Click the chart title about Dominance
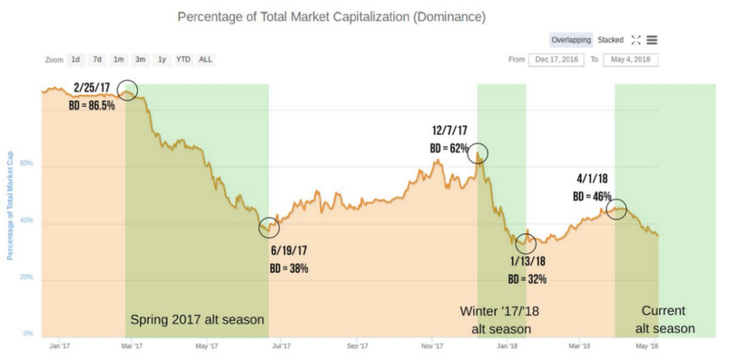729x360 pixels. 331,16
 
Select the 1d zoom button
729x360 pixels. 75,60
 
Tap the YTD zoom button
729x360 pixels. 183,60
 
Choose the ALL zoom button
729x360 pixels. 205,60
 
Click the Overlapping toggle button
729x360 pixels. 571,40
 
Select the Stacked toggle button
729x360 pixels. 610,40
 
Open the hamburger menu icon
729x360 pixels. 652,41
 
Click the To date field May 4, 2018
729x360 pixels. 630,60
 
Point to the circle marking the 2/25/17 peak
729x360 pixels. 127,90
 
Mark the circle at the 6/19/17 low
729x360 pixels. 269,227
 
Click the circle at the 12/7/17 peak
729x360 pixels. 478,153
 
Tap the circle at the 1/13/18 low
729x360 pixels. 525,243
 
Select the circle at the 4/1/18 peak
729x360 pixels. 617,209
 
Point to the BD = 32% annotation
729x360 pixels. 528,279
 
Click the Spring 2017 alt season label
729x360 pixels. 197,320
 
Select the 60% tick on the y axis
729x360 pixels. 26,164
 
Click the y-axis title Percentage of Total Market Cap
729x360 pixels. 11,206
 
